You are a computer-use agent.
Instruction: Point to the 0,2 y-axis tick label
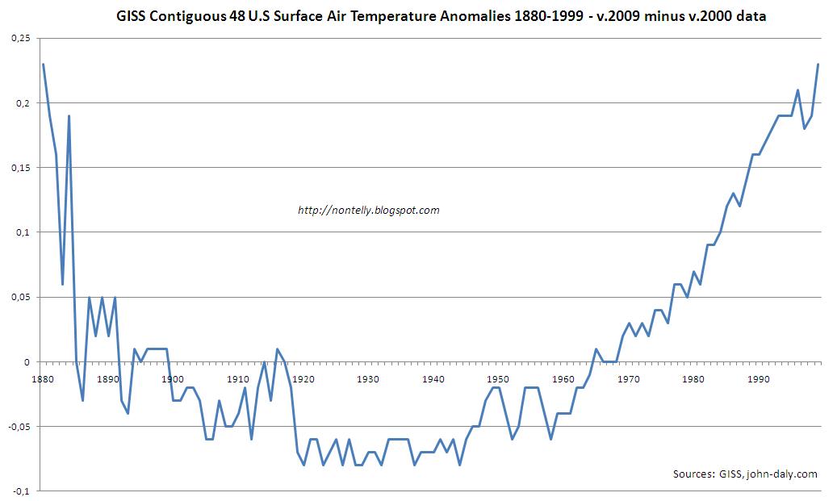tap(24, 102)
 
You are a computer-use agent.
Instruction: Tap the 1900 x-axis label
tap(171, 378)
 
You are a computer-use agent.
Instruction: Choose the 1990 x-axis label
tap(757, 378)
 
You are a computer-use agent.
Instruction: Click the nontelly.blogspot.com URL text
tap(368, 210)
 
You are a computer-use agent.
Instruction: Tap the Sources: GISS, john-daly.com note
tap(744, 474)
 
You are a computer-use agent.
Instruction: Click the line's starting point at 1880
tap(43, 64)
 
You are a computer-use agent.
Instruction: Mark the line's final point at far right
tap(818, 65)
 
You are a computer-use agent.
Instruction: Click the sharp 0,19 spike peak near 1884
tap(69, 116)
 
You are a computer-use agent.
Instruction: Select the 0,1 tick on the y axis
tap(24, 232)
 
